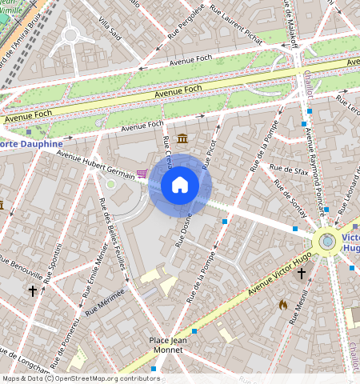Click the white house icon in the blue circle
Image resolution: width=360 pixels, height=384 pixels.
180,185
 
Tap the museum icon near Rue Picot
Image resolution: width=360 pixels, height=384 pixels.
183,139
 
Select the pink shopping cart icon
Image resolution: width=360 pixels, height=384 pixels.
142,173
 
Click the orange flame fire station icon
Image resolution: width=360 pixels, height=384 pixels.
283,304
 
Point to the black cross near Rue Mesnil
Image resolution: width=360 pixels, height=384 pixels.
302,274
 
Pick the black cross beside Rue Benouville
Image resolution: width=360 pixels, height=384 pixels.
33,290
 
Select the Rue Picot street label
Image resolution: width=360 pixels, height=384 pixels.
210,153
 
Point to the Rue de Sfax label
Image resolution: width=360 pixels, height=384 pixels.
289,169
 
